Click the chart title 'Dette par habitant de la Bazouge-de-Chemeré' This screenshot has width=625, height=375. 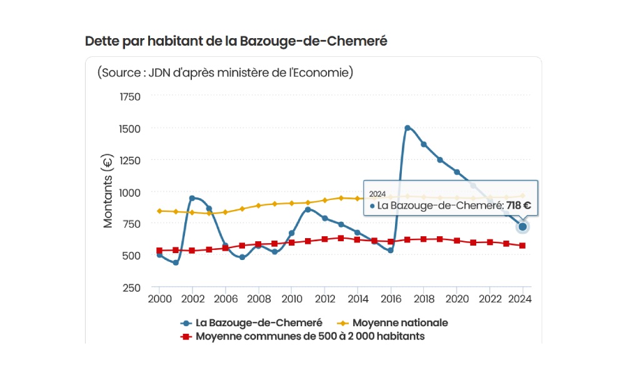pyautogui.click(x=236, y=41)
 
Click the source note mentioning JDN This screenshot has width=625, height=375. pyautogui.click(x=226, y=72)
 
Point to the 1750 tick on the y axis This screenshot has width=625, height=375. pyautogui.click(x=130, y=97)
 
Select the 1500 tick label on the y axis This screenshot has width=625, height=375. pyautogui.click(x=130, y=129)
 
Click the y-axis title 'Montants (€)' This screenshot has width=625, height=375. pyautogui.click(x=108, y=191)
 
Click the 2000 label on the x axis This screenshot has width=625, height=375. pyautogui.click(x=159, y=299)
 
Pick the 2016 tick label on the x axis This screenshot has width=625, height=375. pyautogui.click(x=391, y=299)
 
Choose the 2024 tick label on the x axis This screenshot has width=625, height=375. pyautogui.click(x=522, y=299)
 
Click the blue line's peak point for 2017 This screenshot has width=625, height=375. pyautogui.click(x=407, y=128)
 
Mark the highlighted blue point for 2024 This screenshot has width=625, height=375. pyautogui.click(x=522, y=226)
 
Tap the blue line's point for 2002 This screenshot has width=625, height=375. pyautogui.click(x=192, y=198)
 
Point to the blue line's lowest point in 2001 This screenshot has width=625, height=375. pyautogui.click(x=176, y=262)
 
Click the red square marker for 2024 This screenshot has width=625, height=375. pyautogui.click(x=522, y=246)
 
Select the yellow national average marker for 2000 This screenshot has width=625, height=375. pyautogui.click(x=159, y=211)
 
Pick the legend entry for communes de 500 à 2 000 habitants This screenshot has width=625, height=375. pyautogui.click(x=310, y=336)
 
